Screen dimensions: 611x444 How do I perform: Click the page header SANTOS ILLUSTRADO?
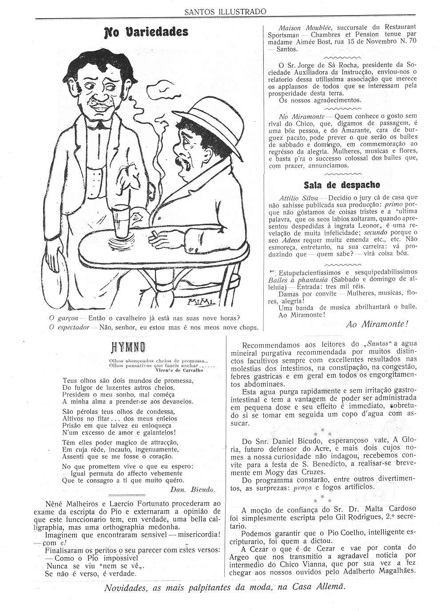click(x=226, y=12)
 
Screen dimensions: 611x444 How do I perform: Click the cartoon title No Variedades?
click(x=146, y=32)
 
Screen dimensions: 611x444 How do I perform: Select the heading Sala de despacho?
click(x=342, y=185)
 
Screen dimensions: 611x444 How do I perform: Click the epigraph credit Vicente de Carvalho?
click(x=179, y=369)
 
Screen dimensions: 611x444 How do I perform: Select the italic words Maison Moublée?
click(x=300, y=28)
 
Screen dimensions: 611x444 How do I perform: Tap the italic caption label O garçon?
click(x=63, y=318)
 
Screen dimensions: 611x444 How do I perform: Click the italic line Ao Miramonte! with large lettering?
click(x=377, y=324)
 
